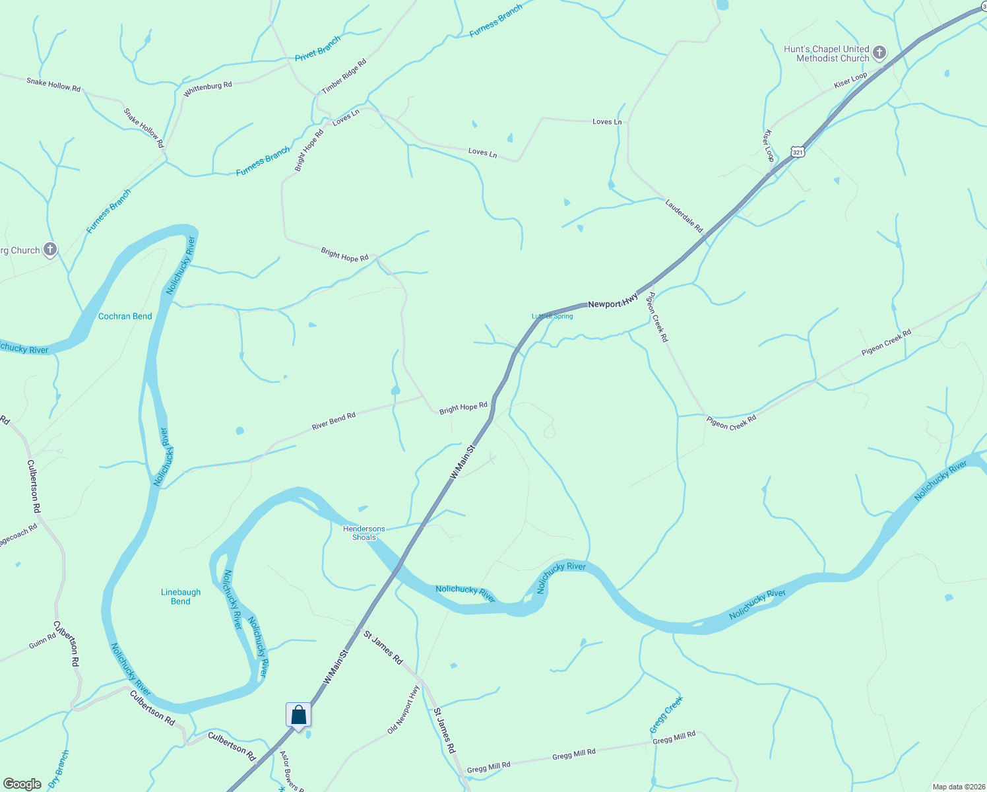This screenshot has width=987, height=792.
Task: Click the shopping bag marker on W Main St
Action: pyautogui.click(x=298, y=715)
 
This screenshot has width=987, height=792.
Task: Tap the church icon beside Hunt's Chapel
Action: pyautogui.click(x=879, y=53)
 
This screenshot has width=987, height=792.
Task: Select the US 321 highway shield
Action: pyautogui.click(x=798, y=152)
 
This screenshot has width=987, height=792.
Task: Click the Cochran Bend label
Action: pyautogui.click(x=125, y=316)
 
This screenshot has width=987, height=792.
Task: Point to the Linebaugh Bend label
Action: pyautogui.click(x=180, y=597)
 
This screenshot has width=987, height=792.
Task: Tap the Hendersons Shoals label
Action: pyautogui.click(x=364, y=533)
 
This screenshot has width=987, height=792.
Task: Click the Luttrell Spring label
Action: pyautogui.click(x=552, y=316)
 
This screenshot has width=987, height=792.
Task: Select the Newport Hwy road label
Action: pyautogui.click(x=613, y=301)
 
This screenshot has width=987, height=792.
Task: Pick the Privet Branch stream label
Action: pyautogui.click(x=317, y=49)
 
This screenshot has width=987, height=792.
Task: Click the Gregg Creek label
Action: pyautogui.click(x=666, y=715)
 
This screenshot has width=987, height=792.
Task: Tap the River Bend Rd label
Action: pyautogui.click(x=333, y=421)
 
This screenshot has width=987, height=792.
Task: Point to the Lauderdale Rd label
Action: pyautogui.click(x=684, y=216)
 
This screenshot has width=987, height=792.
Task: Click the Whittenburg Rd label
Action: pyautogui.click(x=208, y=89)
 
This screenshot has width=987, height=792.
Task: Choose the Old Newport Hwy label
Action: pyautogui.click(x=403, y=709)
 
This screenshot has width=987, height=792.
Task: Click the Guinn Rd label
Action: pyautogui.click(x=42, y=641)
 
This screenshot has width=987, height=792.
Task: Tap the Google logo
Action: pyautogui.click(x=22, y=784)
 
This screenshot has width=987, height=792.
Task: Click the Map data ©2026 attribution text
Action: pyautogui.click(x=957, y=787)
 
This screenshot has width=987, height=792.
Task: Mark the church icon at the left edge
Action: pyautogui.click(x=50, y=249)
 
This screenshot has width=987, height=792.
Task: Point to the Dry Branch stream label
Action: pyautogui.click(x=59, y=770)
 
